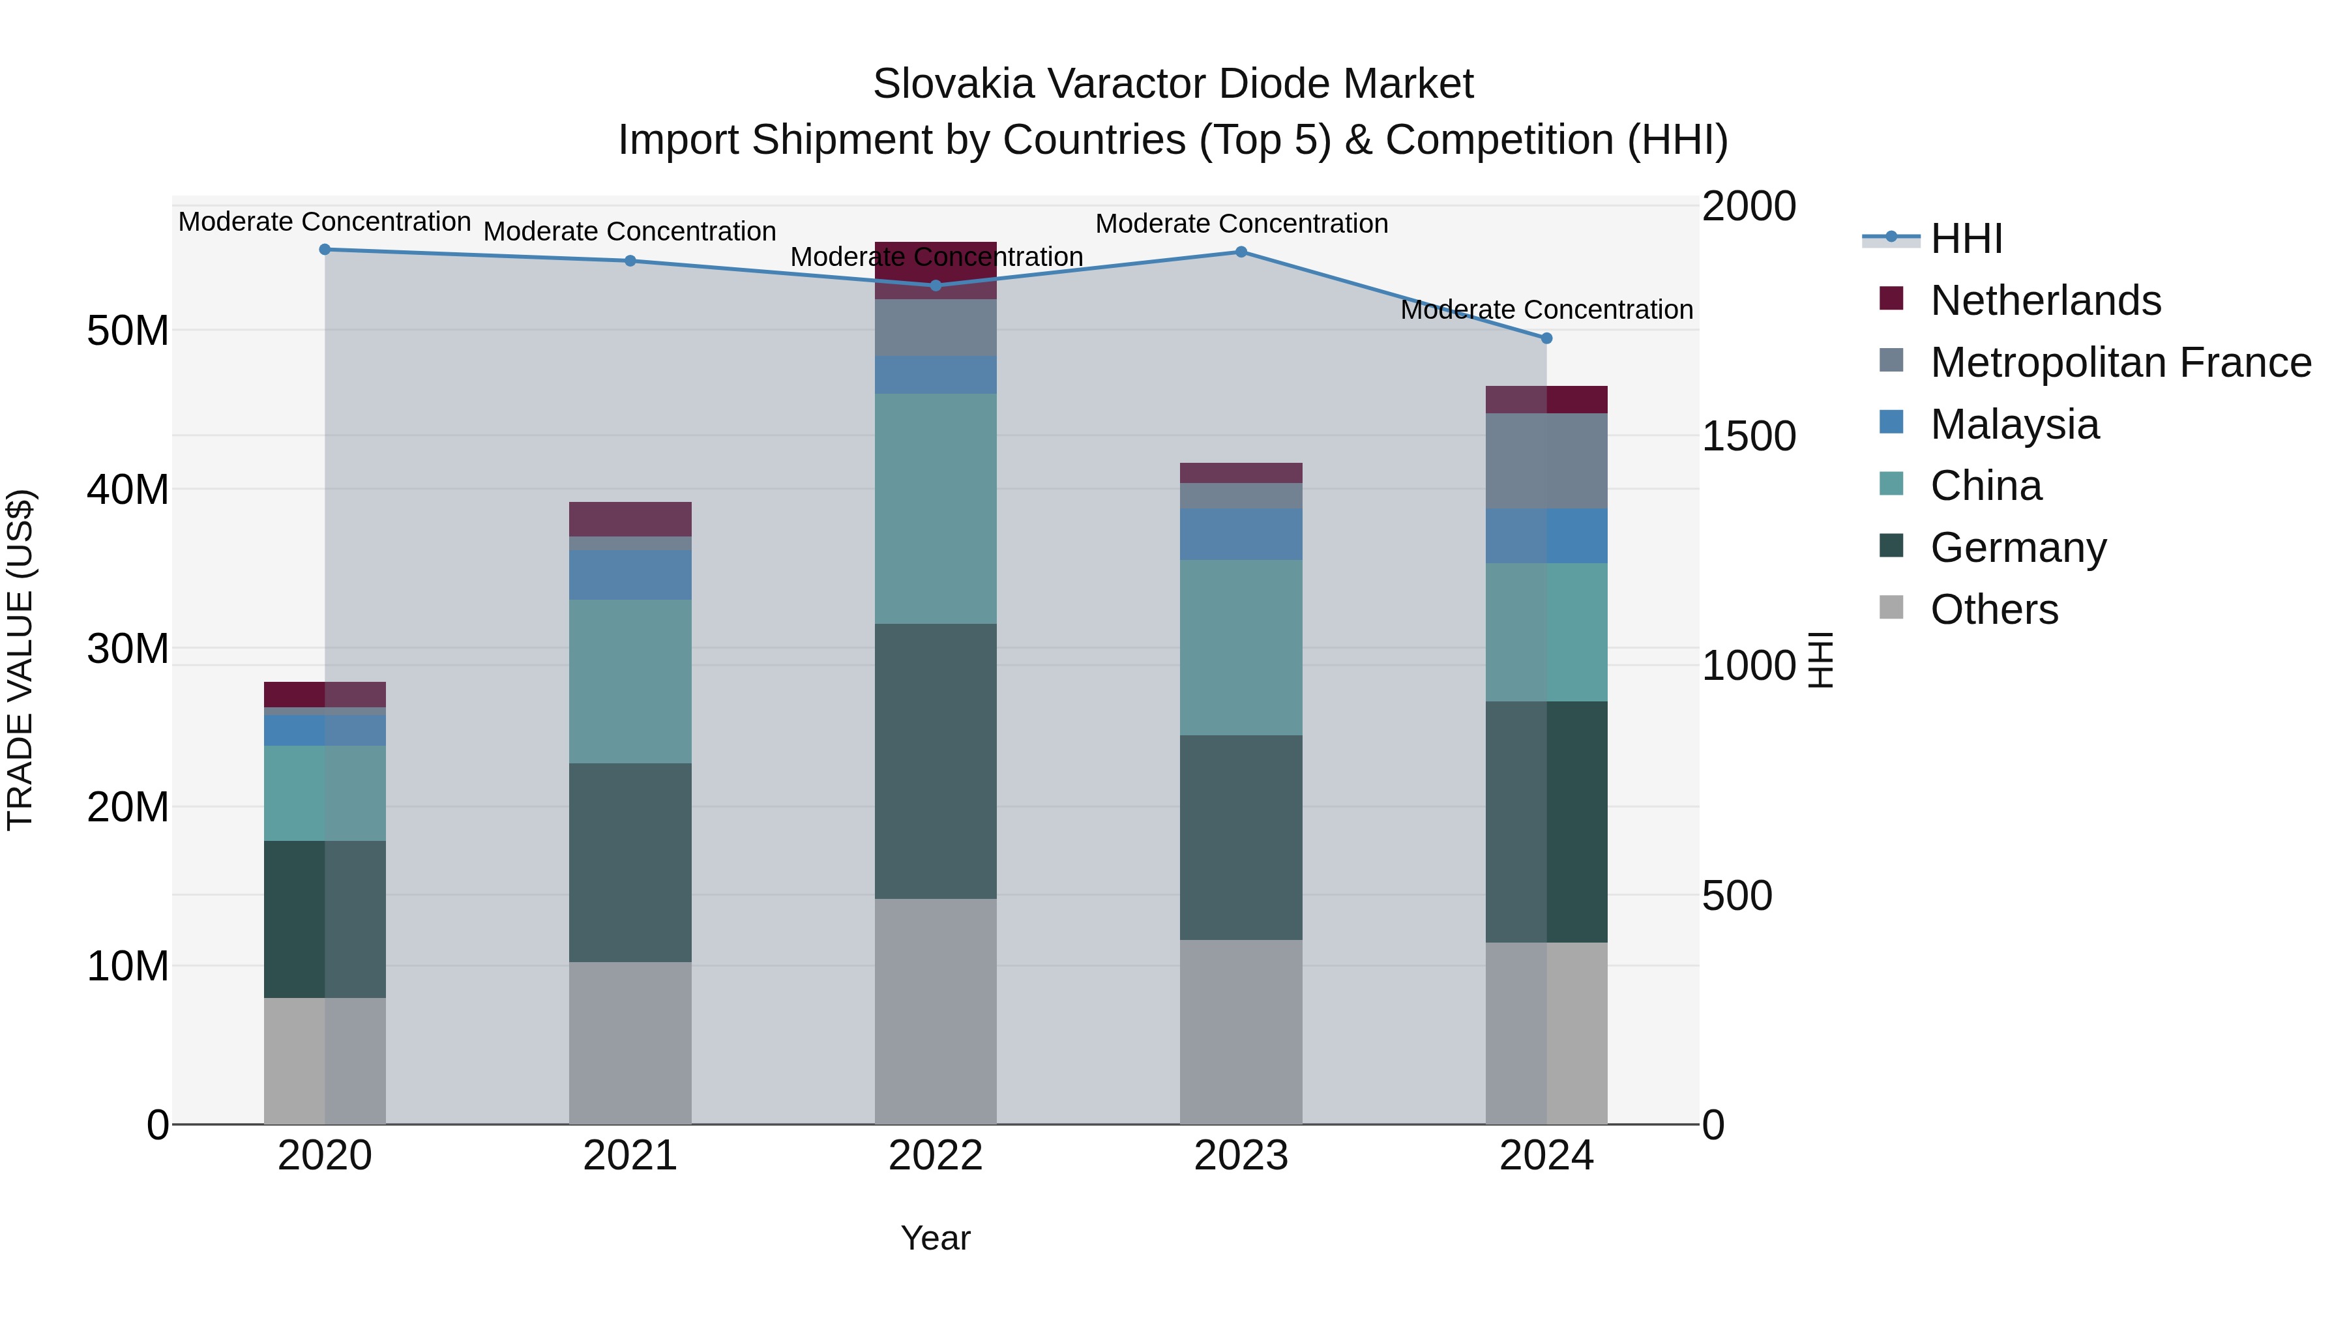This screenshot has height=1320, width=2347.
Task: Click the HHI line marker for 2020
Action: [x=325, y=250]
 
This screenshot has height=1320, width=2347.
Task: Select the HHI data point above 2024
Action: [x=1546, y=338]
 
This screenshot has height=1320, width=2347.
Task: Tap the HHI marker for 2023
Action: [x=1241, y=252]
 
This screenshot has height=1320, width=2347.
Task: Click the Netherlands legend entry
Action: [x=2044, y=301]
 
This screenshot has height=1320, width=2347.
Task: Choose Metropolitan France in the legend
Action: [x=2120, y=362]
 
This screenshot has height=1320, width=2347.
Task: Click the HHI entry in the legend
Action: [x=1966, y=239]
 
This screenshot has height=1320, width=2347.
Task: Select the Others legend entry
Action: [x=1994, y=609]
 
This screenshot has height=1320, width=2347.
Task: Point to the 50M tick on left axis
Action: [x=128, y=330]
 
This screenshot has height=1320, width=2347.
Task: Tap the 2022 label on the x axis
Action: [x=935, y=1156]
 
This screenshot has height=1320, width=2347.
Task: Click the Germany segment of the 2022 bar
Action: [x=935, y=761]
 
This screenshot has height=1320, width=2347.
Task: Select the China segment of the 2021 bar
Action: [x=630, y=681]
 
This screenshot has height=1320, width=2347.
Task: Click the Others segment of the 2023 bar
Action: [x=1241, y=1031]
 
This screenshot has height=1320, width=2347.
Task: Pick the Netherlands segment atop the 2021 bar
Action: [x=630, y=520]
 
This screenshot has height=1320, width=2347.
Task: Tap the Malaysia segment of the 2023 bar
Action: [x=1241, y=534]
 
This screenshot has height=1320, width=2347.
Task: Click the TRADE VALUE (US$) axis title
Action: [x=20, y=660]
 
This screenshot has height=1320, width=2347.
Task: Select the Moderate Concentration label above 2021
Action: [x=630, y=231]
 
